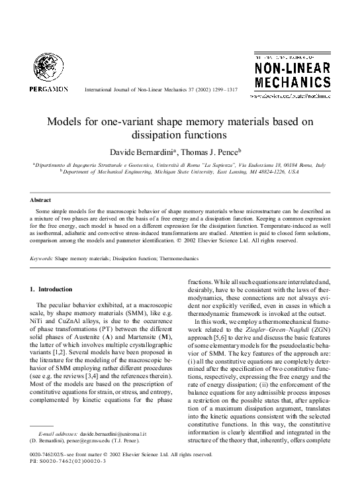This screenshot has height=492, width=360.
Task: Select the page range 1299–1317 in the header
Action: click(223, 89)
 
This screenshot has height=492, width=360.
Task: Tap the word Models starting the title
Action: click(62, 123)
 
